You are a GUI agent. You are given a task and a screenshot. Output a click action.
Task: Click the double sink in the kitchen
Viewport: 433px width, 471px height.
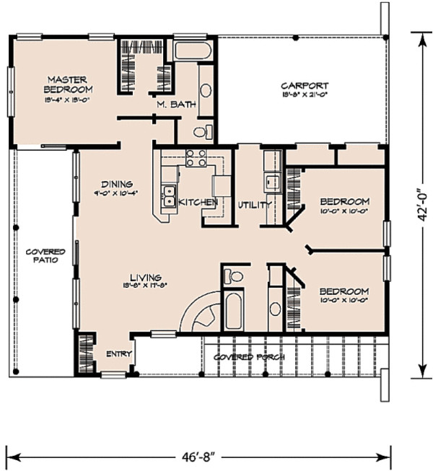(x=171, y=193)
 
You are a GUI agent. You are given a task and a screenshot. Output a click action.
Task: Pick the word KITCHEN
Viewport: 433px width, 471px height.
(x=198, y=203)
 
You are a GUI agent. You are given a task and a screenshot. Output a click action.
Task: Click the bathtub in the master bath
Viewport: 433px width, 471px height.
(x=192, y=52)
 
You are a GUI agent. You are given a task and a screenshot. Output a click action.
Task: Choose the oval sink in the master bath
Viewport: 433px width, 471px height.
(x=205, y=91)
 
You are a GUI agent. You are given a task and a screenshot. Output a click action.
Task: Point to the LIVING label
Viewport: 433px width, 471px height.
(x=145, y=278)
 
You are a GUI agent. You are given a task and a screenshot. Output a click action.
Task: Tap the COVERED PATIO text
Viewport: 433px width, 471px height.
(x=45, y=256)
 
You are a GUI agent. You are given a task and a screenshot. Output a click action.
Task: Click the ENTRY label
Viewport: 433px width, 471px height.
(x=118, y=354)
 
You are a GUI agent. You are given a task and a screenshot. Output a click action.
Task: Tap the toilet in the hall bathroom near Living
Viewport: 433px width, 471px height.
(x=233, y=276)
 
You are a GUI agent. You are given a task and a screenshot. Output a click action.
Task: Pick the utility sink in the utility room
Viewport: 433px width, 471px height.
(x=272, y=181)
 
